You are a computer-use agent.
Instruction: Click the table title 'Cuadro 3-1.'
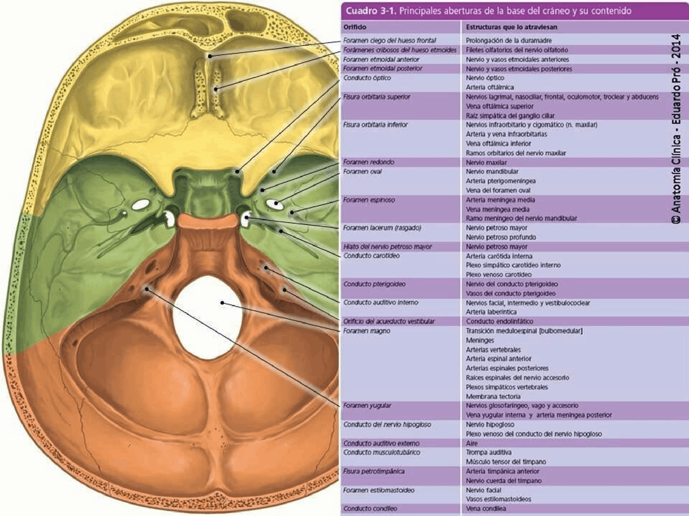(x=370, y=11)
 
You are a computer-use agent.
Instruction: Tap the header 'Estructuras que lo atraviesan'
(x=511, y=26)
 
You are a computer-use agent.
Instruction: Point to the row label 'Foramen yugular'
(x=367, y=406)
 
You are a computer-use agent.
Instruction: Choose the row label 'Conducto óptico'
(x=367, y=78)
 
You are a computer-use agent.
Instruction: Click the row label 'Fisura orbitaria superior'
(x=377, y=97)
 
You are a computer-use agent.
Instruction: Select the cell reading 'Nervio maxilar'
(x=486, y=162)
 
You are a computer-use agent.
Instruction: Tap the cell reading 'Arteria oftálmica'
(x=490, y=87)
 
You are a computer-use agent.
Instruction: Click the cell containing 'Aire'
(x=472, y=443)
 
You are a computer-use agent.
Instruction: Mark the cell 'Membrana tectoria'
(x=493, y=397)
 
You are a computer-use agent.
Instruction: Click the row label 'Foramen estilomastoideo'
(x=379, y=490)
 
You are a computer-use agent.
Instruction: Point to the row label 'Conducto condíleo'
(x=370, y=508)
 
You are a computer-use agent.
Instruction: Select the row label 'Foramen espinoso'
(x=369, y=200)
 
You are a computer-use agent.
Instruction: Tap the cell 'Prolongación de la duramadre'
(x=509, y=40)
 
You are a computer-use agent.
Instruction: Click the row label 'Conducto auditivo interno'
(x=381, y=303)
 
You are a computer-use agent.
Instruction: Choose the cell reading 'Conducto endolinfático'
(x=500, y=321)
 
